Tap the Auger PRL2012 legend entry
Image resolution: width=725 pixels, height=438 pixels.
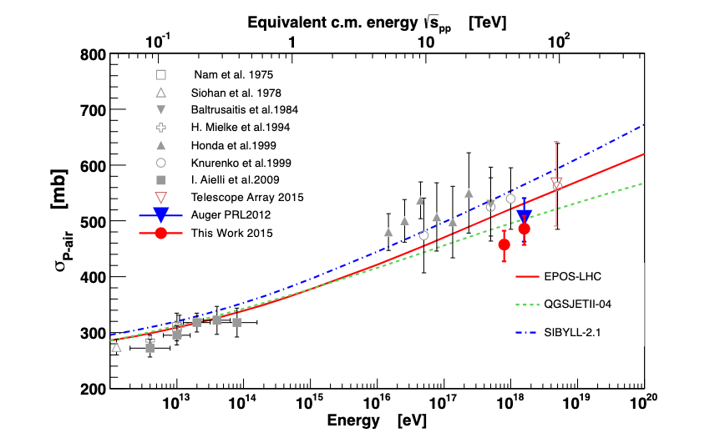pyautogui.click(x=234, y=215)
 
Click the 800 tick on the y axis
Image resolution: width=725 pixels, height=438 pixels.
pyautogui.click(x=94, y=56)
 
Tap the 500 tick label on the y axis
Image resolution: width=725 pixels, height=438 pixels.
pyautogui.click(x=94, y=222)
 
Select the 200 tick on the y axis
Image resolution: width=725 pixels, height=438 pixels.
pyautogui.click(x=94, y=389)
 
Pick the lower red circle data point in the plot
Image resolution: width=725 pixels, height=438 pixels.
pyautogui.click(x=504, y=244)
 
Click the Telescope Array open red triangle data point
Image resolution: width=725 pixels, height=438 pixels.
pyautogui.click(x=557, y=183)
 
